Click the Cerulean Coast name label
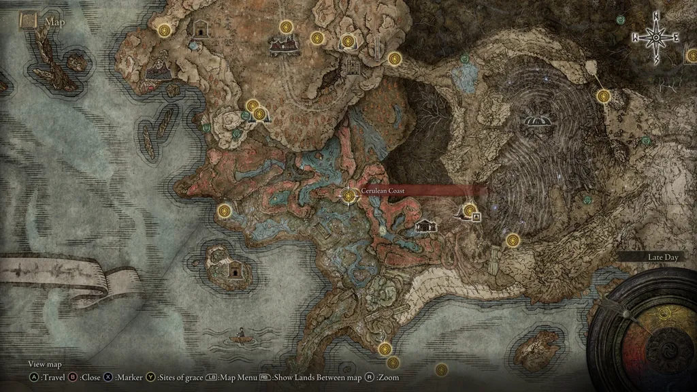coord(383,192)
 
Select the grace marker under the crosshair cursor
coord(349,196)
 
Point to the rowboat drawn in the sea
coord(240,335)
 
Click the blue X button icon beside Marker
coord(109,377)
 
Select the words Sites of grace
coord(181,377)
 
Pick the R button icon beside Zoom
coord(369,377)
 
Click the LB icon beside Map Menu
coord(212,377)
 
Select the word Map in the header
coord(54,22)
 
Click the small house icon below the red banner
coord(426,225)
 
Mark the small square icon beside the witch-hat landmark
coord(476,217)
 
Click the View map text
coord(45,364)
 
